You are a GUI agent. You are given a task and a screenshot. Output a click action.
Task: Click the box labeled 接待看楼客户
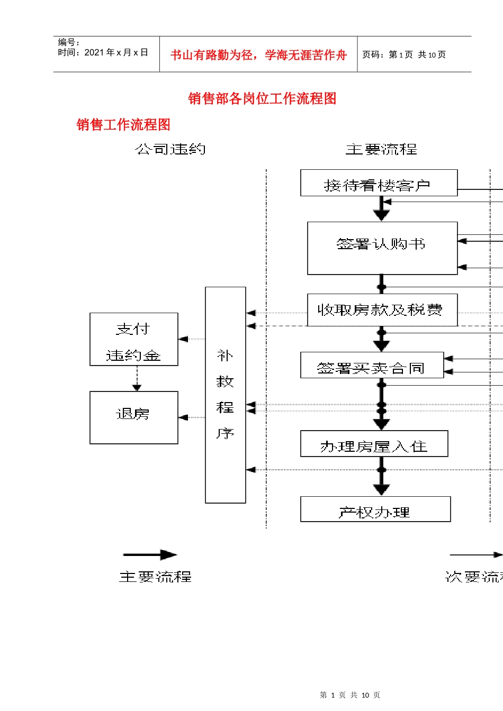[379, 183]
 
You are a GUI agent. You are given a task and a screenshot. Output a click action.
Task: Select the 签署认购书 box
[382, 248]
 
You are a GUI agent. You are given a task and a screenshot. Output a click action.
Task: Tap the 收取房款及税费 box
[382, 310]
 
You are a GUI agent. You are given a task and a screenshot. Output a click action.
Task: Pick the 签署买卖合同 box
[372, 366]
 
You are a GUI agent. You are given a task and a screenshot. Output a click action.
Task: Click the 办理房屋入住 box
[374, 444]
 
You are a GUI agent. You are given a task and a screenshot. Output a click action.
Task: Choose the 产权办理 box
[375, 509]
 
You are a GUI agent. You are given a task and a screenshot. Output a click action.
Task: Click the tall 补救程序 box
[225, 395]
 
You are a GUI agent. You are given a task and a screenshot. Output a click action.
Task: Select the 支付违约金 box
[133, 339]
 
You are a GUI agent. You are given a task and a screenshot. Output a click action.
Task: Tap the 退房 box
[133, 417]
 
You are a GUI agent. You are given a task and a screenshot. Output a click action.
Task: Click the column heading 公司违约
[170, 150]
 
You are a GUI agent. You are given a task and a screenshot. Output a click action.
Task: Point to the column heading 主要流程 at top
[381, 150]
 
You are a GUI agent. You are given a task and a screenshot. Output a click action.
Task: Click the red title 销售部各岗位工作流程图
[262, 98]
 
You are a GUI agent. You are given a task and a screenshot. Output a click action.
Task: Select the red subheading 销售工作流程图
[123, 125]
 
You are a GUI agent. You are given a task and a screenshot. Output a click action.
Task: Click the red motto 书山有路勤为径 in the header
[258, 55]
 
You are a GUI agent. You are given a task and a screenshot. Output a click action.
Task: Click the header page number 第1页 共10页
[403, 54]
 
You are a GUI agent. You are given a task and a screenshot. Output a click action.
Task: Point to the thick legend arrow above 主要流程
[150, 554]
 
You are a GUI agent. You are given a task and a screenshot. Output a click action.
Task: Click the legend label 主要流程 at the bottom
[155, 577]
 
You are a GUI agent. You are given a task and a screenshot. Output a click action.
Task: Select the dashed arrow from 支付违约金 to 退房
[137, 378]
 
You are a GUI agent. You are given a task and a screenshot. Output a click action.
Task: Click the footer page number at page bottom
[349, 695]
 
